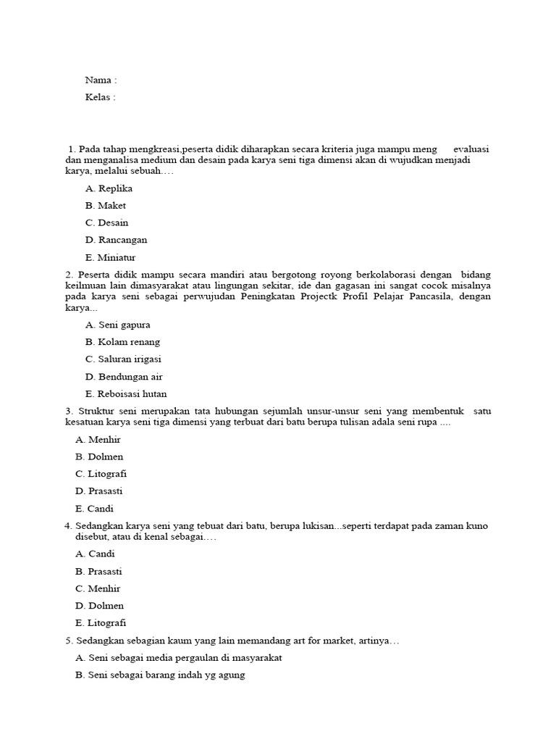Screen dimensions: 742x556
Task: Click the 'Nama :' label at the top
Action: pos(101,80)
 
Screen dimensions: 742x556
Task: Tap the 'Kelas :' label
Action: pos(100,97)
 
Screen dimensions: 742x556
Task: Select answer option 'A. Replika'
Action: pos(109,188)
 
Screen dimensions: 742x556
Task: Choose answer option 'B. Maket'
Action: pos(106,206)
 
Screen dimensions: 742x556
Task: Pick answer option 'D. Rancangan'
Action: pos(116,240)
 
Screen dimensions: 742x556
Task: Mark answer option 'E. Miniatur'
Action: pos(110,257)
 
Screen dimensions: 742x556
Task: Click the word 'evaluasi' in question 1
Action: pos(471,149)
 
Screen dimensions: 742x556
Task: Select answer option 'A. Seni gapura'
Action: pos(117,325)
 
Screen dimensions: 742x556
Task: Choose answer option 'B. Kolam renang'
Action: pos(122,342)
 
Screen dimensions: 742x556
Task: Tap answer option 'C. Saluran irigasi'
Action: pos(123,359)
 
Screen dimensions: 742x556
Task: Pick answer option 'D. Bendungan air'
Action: pos(124,377)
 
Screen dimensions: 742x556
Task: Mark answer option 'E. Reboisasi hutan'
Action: pos(126,394)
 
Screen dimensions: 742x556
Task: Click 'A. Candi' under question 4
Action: pos(95,554)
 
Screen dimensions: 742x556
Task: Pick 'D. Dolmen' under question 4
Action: pos(99,606)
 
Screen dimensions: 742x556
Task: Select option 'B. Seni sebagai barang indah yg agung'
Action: pos(160,675)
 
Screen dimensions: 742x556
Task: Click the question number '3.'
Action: pos(69,412)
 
